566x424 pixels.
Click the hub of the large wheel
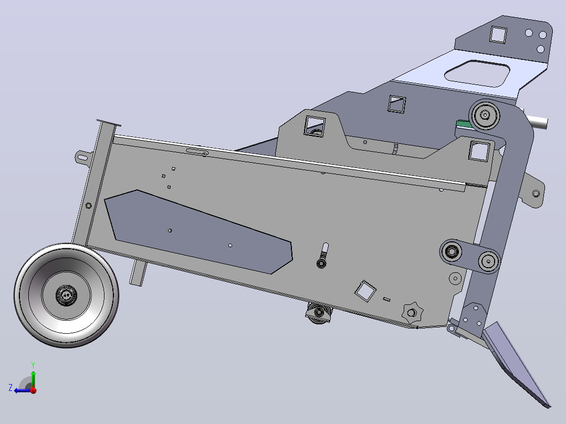(x=66, y=295)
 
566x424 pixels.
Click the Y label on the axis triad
(x=33, y=365)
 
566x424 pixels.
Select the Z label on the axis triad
(x=11, y=388)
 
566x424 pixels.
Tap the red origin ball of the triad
(x=34, y=390)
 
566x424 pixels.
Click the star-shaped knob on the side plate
(x=412, y=313)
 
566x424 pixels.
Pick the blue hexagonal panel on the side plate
(x=198, y=231)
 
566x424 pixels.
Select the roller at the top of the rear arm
(x=485, y=115)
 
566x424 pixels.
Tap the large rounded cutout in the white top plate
(x=477, y=73)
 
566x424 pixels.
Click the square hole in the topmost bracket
(x=498, y=35)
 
